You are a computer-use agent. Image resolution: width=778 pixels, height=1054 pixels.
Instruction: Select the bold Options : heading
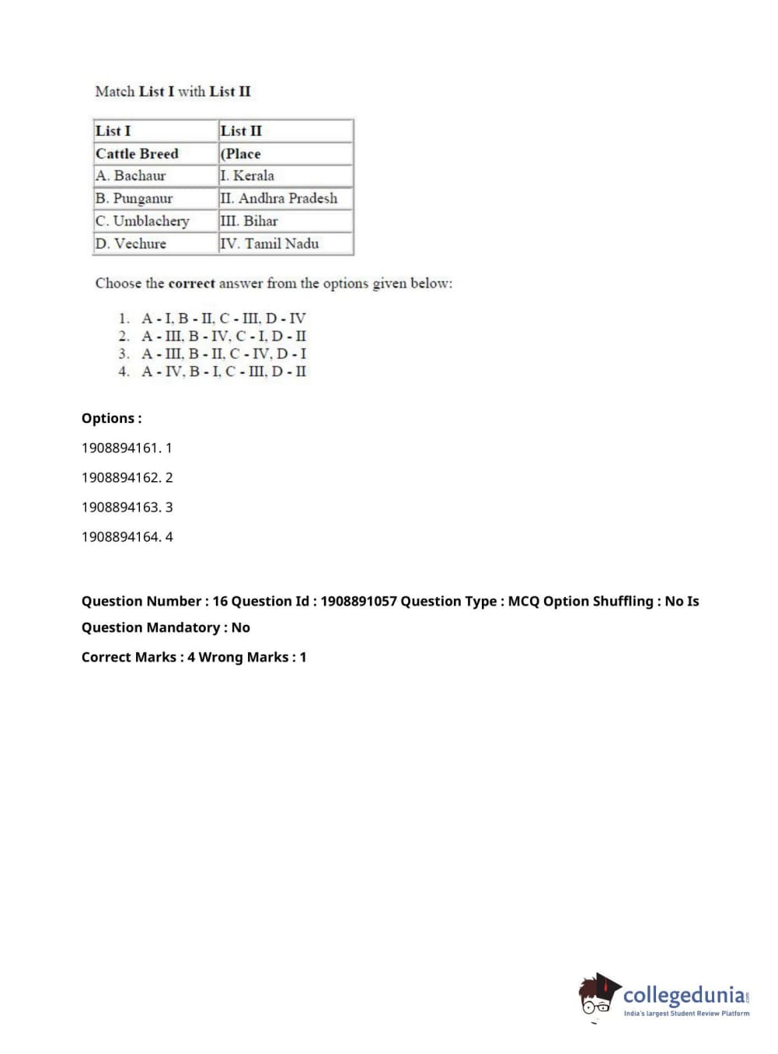click(112, 418)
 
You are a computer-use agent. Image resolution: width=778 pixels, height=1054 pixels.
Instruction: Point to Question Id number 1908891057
click(358, 601)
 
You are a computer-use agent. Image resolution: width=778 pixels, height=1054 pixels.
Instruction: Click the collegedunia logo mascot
click(598, 995)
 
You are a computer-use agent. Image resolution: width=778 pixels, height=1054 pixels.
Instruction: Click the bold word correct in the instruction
click(191, 283)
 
